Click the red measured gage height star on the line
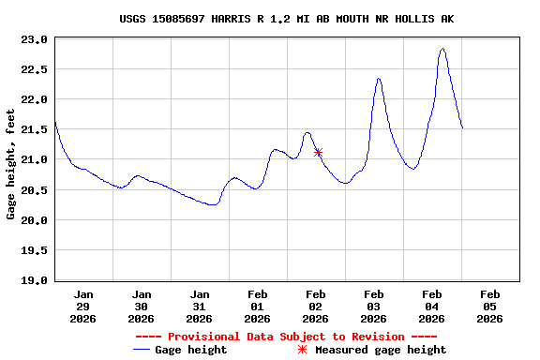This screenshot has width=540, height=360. [318, 152]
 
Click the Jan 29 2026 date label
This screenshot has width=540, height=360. [83, 307]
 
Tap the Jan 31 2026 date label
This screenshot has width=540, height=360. [199, 307]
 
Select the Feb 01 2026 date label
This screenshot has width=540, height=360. [257, 307]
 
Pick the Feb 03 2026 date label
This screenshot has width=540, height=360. [373, 307]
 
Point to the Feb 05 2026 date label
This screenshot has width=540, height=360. [489, 307]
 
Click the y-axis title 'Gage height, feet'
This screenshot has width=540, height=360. [11, 164]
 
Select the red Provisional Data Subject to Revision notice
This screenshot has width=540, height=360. [286, 337]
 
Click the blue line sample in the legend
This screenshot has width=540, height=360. [142, 350]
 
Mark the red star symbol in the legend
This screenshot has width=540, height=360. [302, 350]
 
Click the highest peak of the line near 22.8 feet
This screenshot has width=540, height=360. [442, 49]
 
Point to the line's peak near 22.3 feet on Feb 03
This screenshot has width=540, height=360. [379, 79]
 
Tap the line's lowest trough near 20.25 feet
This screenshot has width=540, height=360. [213, 204]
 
